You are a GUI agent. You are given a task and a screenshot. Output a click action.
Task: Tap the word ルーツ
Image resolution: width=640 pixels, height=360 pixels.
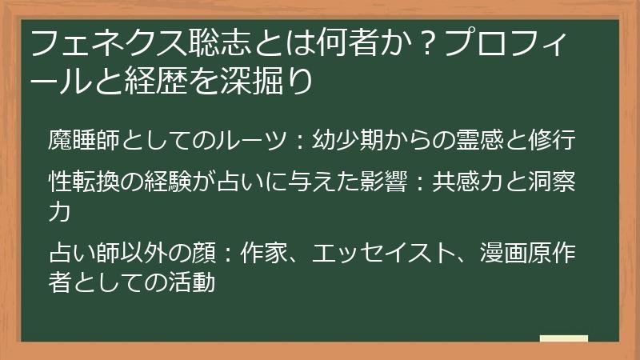(256, 139)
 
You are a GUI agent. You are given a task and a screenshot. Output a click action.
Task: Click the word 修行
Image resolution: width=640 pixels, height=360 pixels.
(551, 139)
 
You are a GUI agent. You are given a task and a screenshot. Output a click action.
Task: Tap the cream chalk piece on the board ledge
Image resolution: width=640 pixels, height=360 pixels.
(563, 338)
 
